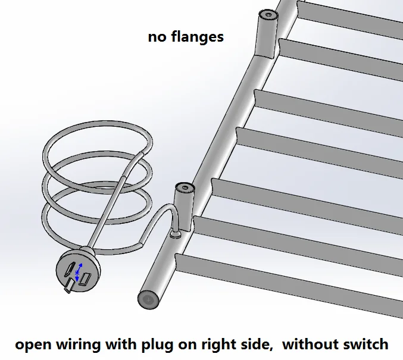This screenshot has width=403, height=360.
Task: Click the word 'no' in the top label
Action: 157,37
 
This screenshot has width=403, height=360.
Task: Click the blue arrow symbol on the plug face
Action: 78,272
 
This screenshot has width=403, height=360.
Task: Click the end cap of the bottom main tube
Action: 148,300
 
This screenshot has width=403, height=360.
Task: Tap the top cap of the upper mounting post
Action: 268,15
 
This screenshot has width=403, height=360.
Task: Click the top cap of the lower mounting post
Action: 185,187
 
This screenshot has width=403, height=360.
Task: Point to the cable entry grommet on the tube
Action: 175,234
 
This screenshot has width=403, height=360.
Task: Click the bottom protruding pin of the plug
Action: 69,286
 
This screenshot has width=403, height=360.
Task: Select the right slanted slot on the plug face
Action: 85,279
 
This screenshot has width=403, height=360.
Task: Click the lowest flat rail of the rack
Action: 288,282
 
